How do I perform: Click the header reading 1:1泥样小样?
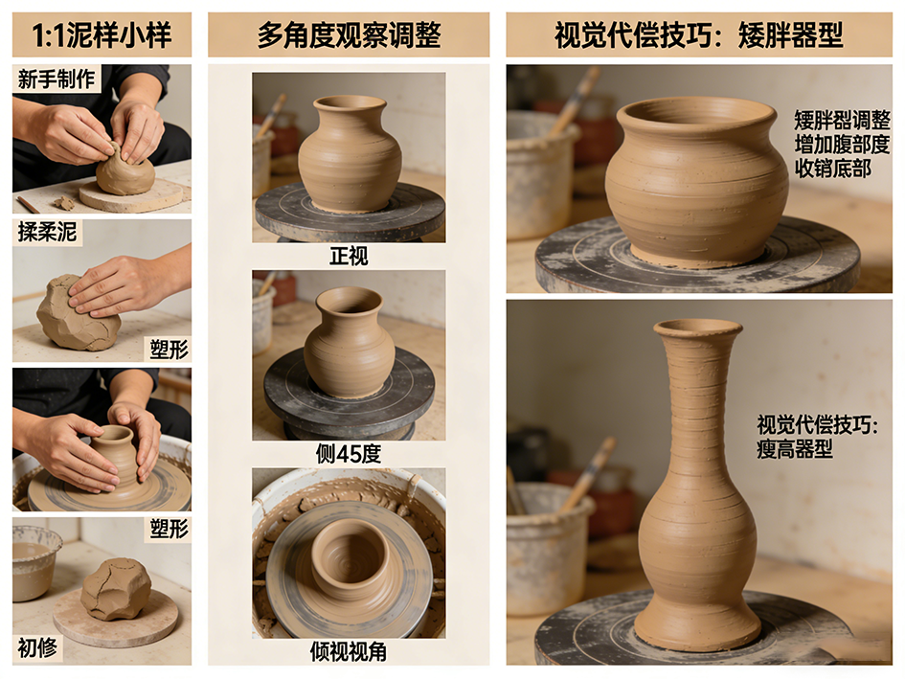tap(102, 35)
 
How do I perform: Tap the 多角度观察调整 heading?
tap(349, 35)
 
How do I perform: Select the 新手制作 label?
tap(56, 79)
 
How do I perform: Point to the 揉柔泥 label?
tap(47, 232)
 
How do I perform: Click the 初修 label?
tap(37, 647)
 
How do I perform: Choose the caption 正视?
tap(349, 256)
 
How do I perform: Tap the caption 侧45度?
tap(349, 454)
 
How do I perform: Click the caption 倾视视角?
tap(349, 652)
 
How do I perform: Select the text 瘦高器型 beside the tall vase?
tap(794, 448)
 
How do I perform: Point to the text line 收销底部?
tap(833, 169)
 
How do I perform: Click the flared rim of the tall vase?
tap(697, 328)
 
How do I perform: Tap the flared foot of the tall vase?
tap(697, 626)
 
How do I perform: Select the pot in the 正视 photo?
tap(350, 153)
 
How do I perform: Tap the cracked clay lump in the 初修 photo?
tap(116, 589)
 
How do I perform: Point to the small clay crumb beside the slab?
tap(64, 203)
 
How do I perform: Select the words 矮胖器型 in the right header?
tap(791, 35)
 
